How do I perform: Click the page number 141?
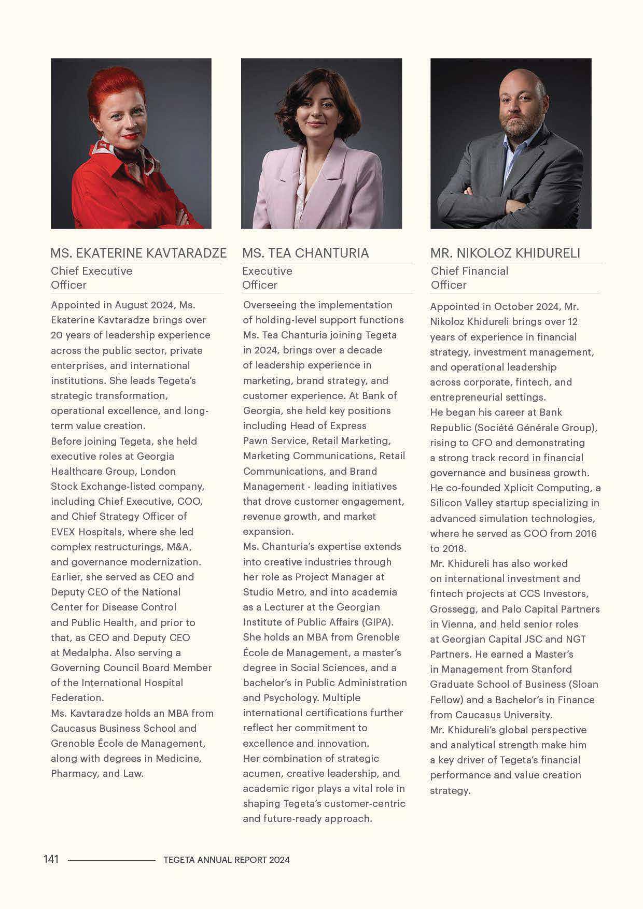coord(51,859)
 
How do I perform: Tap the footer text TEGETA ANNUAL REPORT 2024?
coord(226,860)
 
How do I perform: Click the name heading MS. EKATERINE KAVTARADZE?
coord(138,253)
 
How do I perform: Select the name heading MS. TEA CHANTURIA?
coord(305,253)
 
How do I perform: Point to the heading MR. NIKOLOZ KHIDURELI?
coord(505,253)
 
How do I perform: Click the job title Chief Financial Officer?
coord(469,277)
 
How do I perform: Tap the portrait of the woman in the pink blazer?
coord(321,144)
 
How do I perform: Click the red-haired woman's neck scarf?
coord(132,155)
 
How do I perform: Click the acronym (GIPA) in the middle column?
coord(375,622)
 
